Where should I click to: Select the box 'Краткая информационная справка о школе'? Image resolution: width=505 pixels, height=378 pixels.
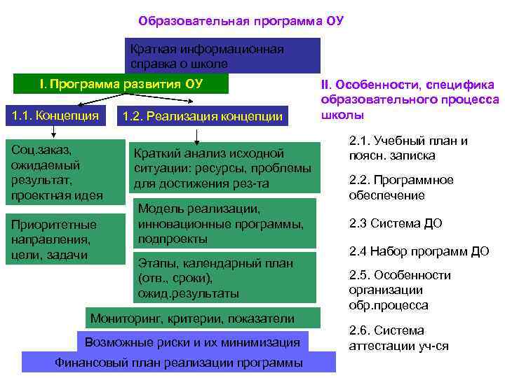click(x=222, y=56)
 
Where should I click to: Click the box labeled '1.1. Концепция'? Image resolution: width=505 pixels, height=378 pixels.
click(x=53, y=114)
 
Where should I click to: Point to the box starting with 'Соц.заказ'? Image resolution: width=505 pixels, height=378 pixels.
click(x=55, y=172)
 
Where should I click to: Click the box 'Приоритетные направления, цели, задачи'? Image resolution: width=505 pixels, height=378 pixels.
click(x=55, y=239)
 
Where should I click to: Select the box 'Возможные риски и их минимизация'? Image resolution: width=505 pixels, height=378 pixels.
click(x=191, y=342)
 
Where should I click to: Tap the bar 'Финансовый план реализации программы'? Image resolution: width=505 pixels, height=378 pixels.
click(x=179, y=363)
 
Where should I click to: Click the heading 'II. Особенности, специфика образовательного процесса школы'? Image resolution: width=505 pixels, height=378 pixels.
click(x=409, y=99)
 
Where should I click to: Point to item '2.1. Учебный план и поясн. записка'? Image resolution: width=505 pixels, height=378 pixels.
click(x=408, y=148)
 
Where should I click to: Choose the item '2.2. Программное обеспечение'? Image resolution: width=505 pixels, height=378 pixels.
click(x=400, y=188)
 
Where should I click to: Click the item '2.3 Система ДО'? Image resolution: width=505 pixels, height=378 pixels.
click(x=396, y=224)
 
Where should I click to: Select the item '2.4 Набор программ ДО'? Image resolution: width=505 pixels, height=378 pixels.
click(x=419, y=251)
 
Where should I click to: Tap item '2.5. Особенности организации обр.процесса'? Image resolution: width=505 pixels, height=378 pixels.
click(x=399, y=290)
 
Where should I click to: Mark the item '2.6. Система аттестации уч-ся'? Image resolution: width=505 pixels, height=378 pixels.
click(x=398, y=338)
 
